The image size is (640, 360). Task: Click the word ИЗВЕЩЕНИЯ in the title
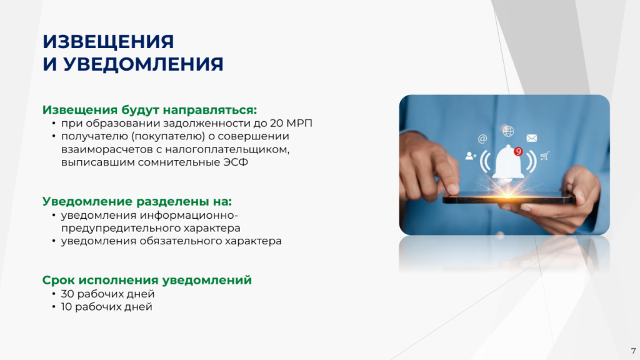tap(108, 42)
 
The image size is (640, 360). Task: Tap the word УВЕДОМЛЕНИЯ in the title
tap(143, 64)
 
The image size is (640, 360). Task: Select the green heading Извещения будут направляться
tap(150, 110)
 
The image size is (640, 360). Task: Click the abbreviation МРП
tap(299, 123)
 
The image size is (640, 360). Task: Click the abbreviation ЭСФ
tap(236, 162)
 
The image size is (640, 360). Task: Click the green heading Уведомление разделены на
tap(137, 201)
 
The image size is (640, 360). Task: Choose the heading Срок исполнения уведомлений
tap(147, 280)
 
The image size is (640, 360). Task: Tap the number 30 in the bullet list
tap(67, 294)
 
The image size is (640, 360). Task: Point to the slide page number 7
tap(633, 351)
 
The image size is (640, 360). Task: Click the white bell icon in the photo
tap(507, 163)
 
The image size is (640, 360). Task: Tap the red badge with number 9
tap(518, 151)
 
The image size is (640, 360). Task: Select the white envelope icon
tap(532, 138)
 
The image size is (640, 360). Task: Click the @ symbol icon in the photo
tap(482, 139)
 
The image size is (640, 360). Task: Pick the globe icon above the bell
tap(508, 131)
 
